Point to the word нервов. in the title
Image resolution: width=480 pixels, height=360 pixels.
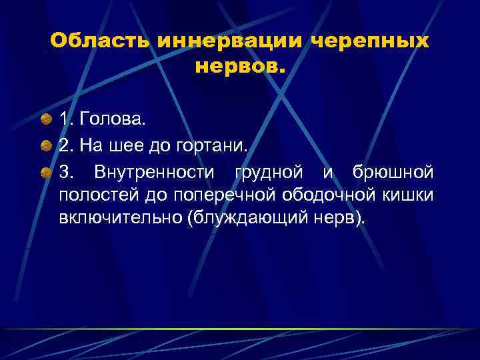click(x=240, y=67)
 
